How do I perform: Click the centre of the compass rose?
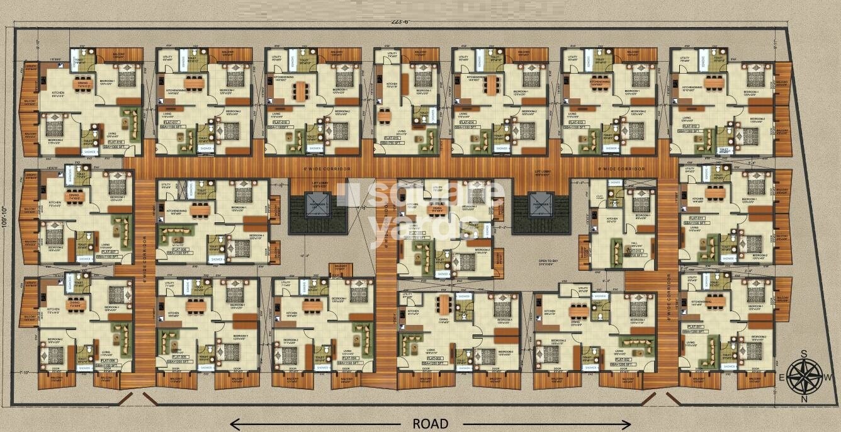[x=808, y=377]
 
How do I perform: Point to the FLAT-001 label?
[x=695, y=327]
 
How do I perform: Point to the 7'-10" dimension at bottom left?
[x=25, y=373]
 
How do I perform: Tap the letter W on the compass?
[x=829, y=377]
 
